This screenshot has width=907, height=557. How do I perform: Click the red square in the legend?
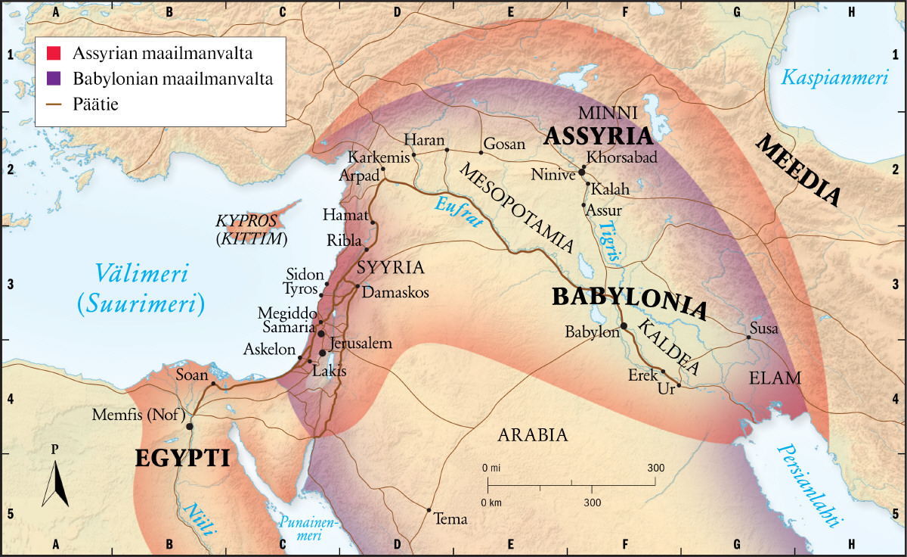[x=54, y=54]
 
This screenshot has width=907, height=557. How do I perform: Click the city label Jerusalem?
[x=361, y=344]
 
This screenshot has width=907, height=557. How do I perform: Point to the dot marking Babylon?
[x=624, y=326]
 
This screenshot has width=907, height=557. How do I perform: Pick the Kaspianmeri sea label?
[x=834, y=77]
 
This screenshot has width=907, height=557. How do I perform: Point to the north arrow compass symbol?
[x=55, y=481]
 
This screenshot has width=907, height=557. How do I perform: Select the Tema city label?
[x=451, y=520]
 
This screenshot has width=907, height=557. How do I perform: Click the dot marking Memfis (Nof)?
[x=190, y=426]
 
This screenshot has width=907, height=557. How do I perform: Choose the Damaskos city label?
[x=396, y=292]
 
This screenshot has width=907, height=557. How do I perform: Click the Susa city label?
[x=763, y=328]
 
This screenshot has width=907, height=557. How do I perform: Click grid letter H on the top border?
[x=852, y=11]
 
